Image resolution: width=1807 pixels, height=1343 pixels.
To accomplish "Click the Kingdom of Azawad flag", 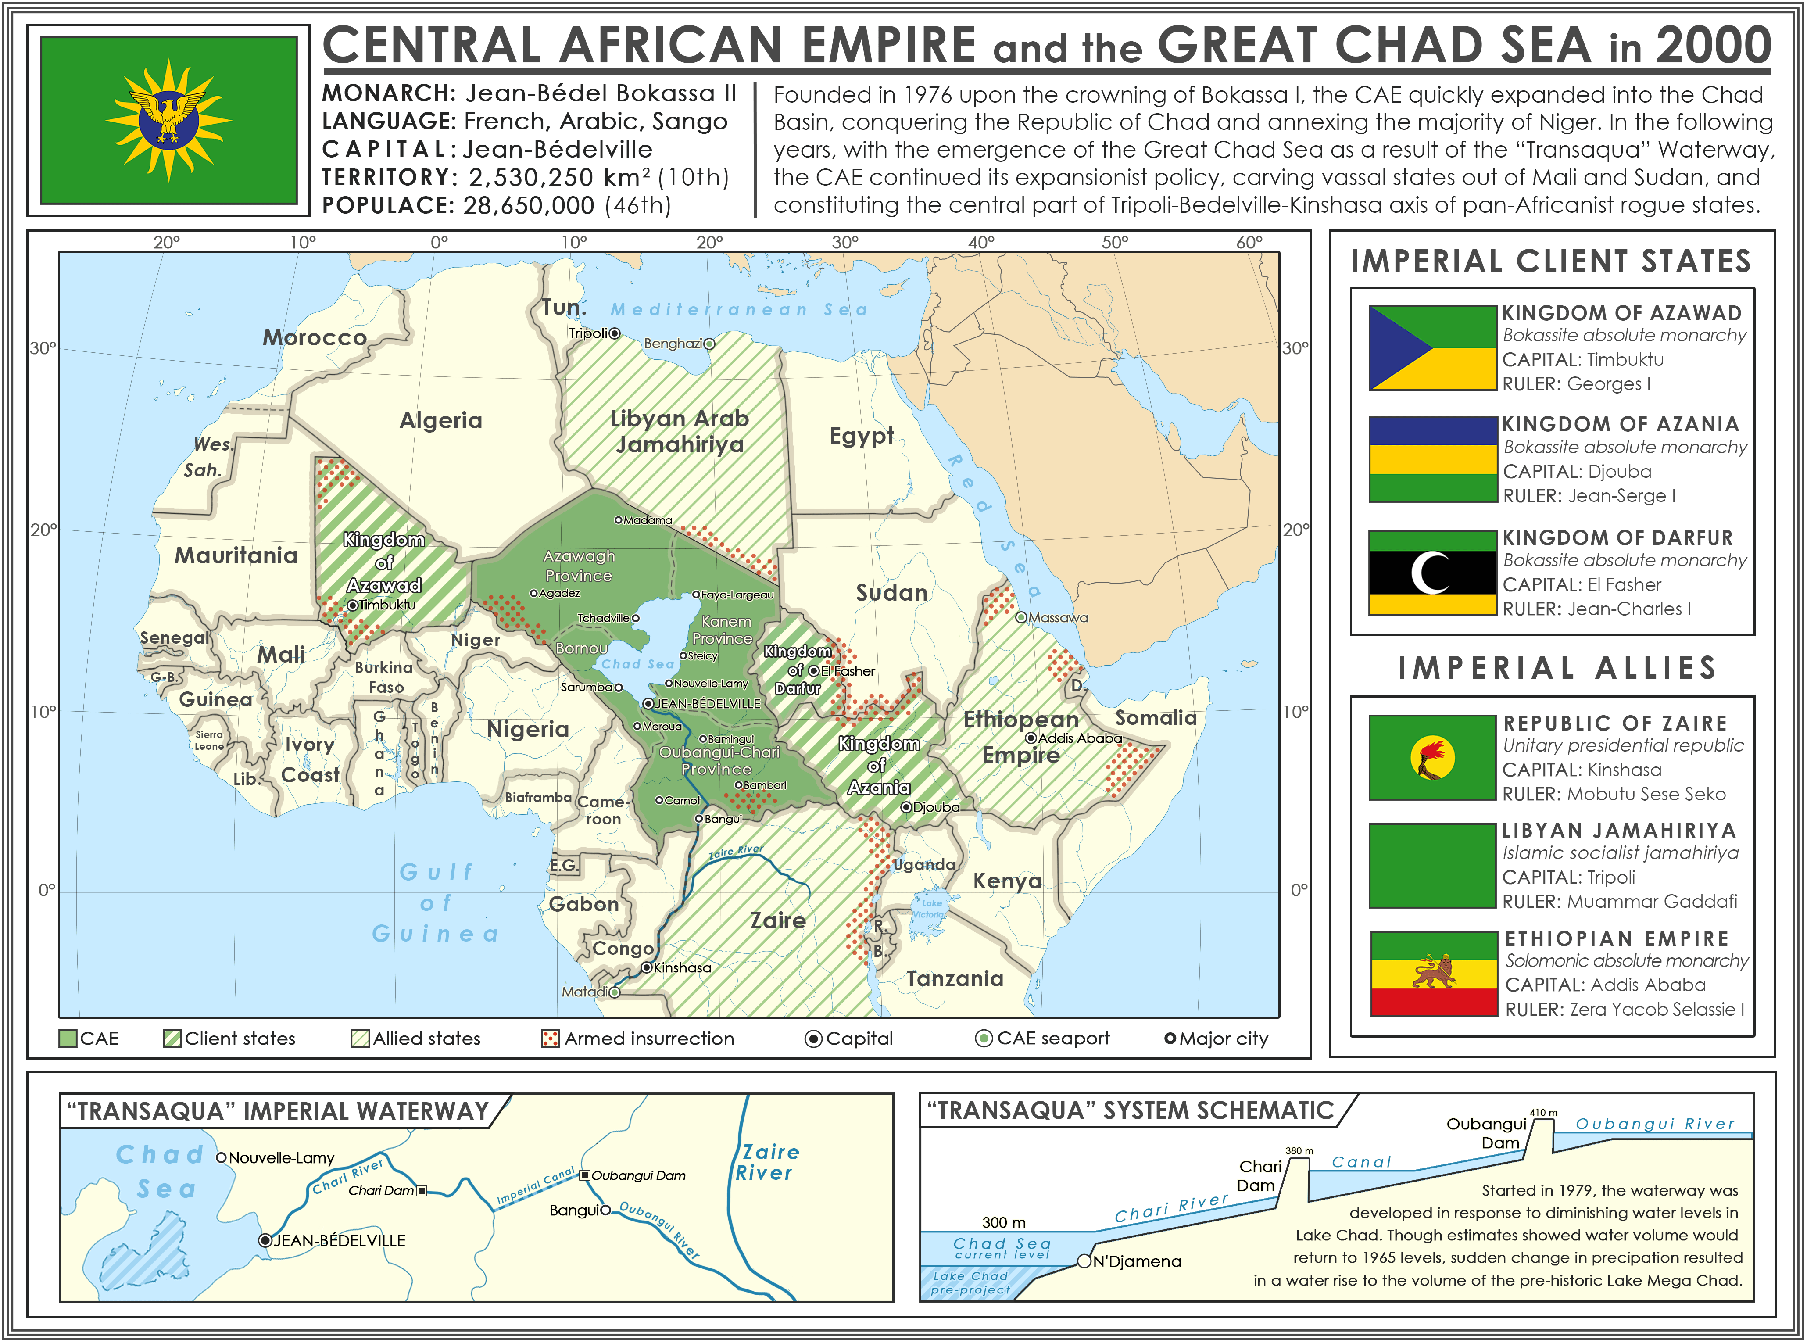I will [1432, 348].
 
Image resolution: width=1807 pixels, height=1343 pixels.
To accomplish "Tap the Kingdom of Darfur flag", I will [1432, 572].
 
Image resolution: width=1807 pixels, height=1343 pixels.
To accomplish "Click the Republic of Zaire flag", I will [1432, 758].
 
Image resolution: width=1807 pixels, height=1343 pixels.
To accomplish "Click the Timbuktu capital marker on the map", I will [353, 605].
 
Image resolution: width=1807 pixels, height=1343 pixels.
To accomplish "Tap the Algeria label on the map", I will [440, 420].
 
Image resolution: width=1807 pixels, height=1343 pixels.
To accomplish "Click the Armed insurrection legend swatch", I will [550, 1039].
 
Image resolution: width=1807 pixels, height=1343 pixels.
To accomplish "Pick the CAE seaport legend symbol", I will [984, 1039].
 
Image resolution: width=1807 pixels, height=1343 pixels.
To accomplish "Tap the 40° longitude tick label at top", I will [980, 242].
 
